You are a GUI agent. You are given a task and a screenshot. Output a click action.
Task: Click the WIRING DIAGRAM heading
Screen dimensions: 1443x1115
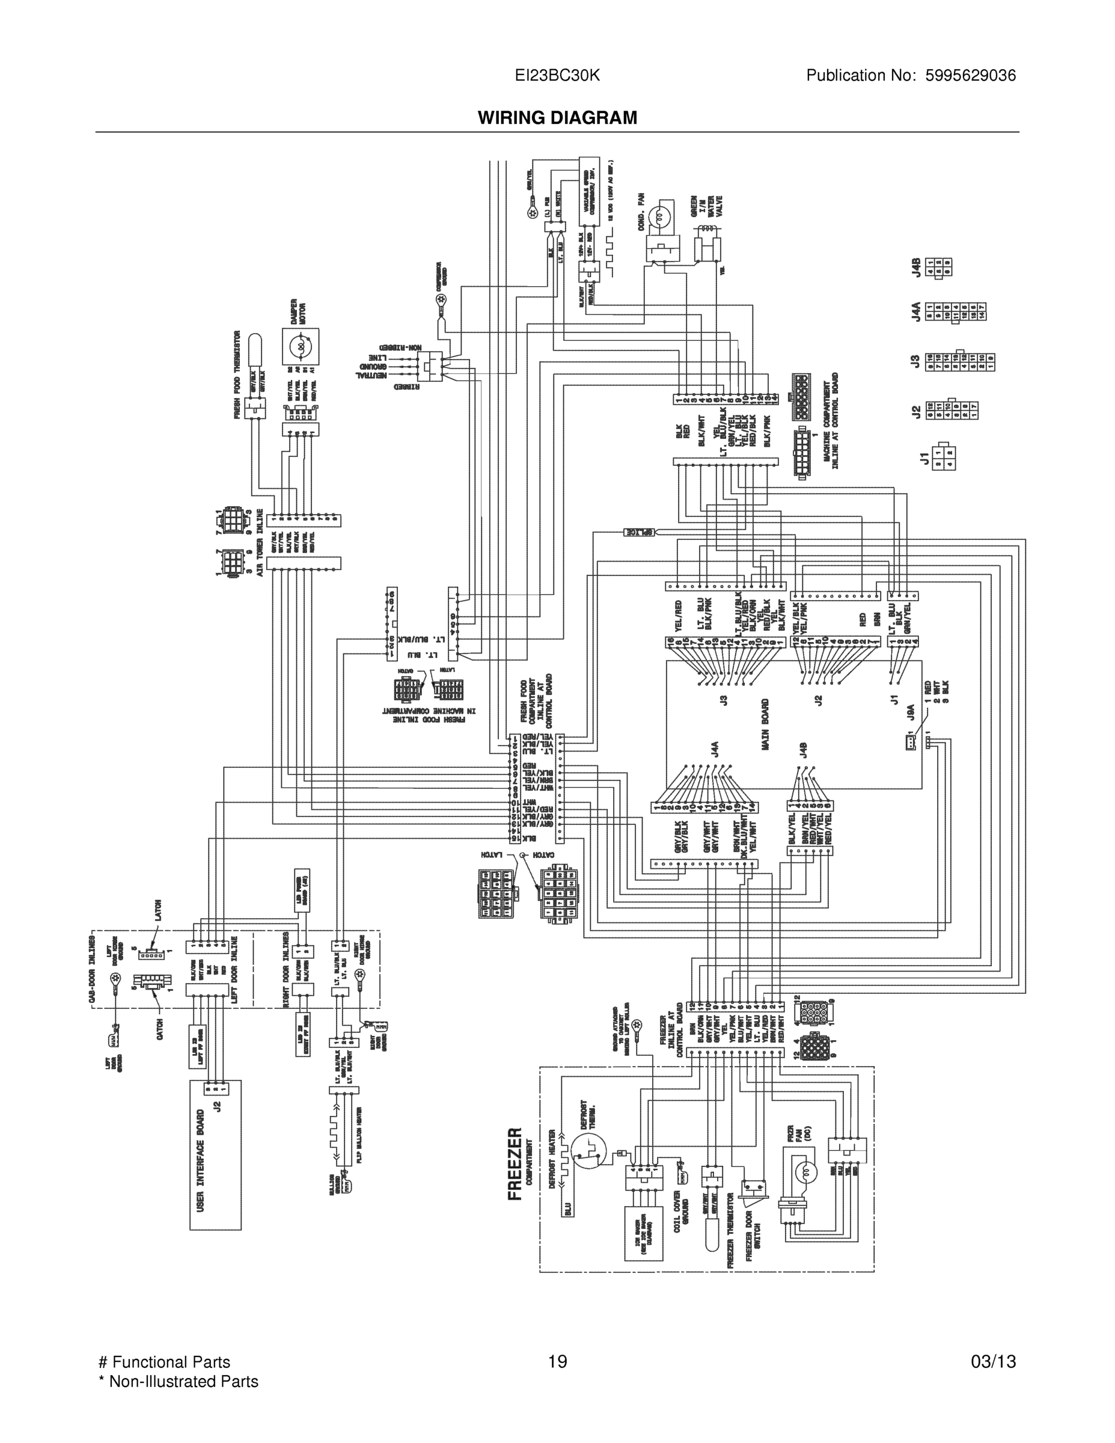click(558, 118)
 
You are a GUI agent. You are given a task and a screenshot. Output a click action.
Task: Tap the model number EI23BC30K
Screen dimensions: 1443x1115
click(558, 75)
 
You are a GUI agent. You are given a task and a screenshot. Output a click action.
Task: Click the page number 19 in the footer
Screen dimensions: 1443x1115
click(558, 1362)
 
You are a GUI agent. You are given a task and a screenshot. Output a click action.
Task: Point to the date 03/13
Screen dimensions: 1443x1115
click(993, 1362)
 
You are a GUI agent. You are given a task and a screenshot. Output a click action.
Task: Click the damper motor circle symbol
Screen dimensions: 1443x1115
click(300, 346)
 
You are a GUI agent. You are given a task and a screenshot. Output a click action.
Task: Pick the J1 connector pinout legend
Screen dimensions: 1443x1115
click(943, 457)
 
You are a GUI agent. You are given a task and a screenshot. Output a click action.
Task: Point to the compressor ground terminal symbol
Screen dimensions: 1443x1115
click(440, 301)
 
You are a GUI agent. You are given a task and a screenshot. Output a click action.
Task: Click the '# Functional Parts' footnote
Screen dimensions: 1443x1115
click(164, 1362)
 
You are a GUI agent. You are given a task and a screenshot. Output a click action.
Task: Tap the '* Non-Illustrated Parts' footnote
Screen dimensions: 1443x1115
click(178, 1382)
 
